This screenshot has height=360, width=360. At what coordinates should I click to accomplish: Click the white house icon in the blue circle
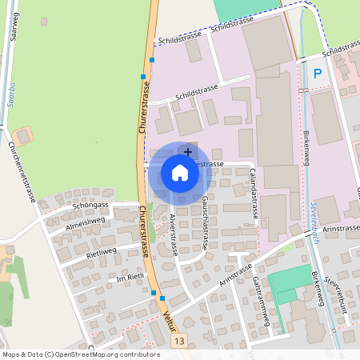pos(179,173)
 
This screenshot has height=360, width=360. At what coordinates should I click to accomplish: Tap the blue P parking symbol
pos(318,74)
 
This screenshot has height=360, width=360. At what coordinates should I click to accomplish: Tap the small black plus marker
pos(188,151)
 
